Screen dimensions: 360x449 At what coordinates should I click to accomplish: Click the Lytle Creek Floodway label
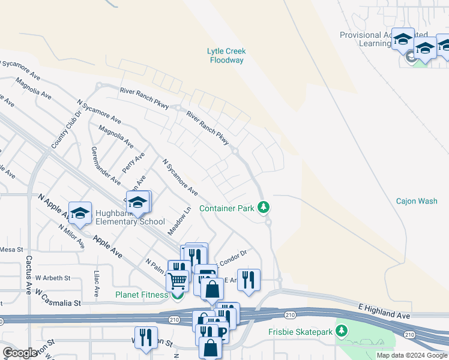(x=227, y=56)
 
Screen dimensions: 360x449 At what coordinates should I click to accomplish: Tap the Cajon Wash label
(x=417, y=201)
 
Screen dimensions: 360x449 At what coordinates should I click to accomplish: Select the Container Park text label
(x=227, y=208)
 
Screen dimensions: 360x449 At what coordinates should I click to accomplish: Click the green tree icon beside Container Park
(x=263, y=208)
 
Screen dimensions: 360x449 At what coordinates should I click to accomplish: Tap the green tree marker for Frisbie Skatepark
(x=342, y=331)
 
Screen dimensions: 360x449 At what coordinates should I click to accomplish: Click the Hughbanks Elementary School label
(x=130, y=217)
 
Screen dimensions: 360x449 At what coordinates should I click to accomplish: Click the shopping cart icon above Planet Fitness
(x=177, y=279)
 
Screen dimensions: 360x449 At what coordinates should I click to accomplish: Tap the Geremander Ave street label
(x=106, y=164)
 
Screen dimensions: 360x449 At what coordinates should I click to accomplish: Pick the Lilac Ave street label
(x=96, y=283)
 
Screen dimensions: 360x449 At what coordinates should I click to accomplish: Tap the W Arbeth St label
(x=52, y=278)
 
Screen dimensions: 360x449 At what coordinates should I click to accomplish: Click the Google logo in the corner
(x=20, y=353)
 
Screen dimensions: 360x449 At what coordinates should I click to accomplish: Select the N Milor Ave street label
(x=71, y=236)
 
